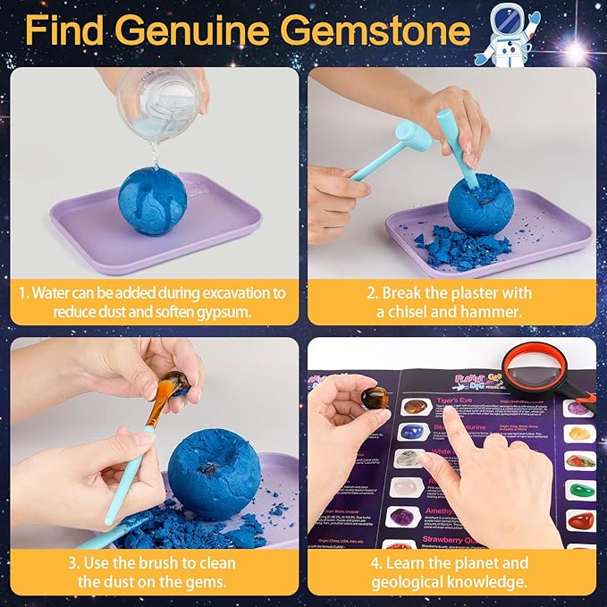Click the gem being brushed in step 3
175,382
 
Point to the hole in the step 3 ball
211,467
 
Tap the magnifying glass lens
535,368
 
